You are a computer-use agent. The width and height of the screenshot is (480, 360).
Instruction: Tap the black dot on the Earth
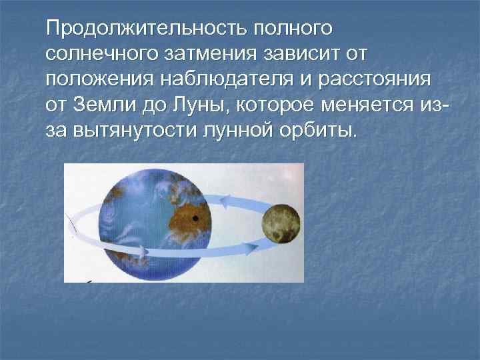click(x=195, y=218)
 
